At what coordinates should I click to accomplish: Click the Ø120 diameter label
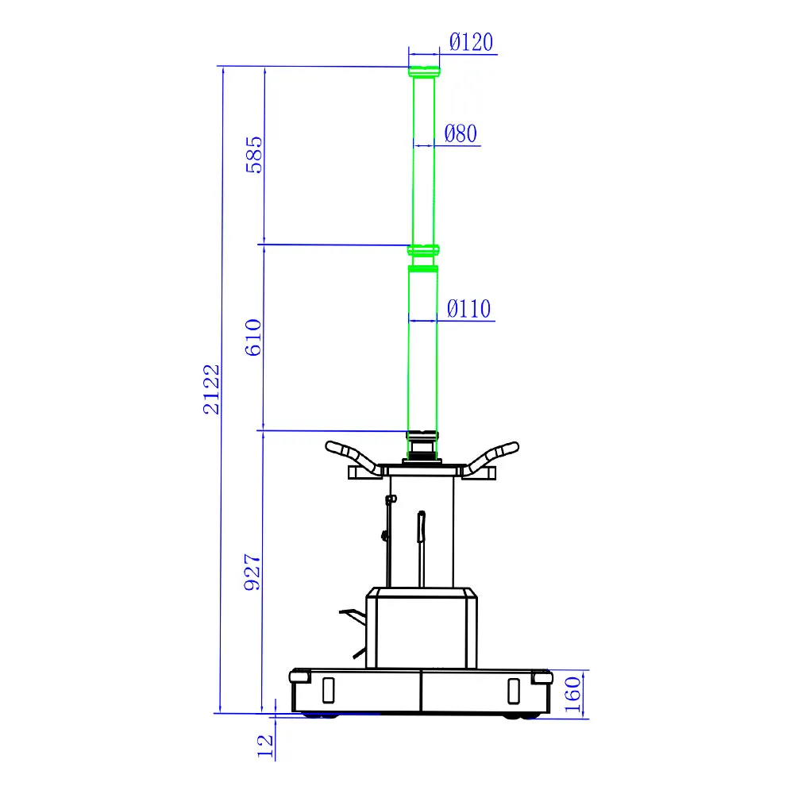(471, 42)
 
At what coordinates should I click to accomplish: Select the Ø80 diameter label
(461, 133)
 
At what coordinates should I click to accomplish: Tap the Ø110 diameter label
(468, 308)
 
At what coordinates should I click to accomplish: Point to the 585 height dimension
(254, 155)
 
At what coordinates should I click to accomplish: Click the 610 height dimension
(253, 337)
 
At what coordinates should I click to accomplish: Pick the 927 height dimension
(252, 572)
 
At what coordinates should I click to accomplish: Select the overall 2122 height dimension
(212, 389)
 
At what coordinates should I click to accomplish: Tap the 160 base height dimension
(572, 695)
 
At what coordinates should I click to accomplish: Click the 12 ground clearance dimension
(265, 746)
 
